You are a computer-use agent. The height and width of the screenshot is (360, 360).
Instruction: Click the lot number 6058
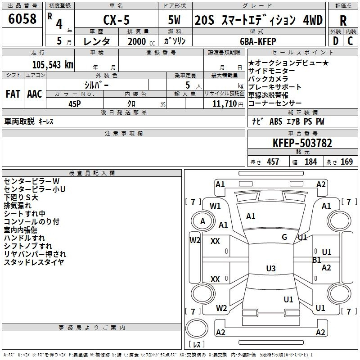pos(22,19)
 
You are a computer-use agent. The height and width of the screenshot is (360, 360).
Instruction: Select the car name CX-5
pos(117,20)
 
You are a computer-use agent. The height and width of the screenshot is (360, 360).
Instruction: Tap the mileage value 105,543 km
pos(53,64)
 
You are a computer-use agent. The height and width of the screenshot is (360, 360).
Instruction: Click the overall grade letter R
pos(343,20)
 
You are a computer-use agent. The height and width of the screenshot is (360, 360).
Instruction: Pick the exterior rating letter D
pos(336,41)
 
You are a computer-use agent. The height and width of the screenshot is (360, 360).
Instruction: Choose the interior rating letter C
pos(350,41)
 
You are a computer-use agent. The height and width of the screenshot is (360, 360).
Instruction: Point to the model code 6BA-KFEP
pos(258,41)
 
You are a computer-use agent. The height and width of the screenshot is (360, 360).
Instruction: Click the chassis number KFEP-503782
pos(302,143)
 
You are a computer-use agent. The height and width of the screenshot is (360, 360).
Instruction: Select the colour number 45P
pos(75,104)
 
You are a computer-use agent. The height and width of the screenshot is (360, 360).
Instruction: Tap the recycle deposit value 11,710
pos(225,103)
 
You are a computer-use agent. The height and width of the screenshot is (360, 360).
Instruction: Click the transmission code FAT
pos(13,94)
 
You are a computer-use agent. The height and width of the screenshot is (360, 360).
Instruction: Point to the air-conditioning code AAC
pos(35,94)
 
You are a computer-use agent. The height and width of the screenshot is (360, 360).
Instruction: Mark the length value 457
pos(273,162)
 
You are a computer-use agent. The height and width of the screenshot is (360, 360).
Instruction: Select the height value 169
pos(346,162)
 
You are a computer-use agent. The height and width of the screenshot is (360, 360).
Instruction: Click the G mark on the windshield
pos(284,237)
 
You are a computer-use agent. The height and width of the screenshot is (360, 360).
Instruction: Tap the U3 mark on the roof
pos(271,268)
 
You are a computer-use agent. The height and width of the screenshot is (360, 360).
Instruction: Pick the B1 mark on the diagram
pos(317,260)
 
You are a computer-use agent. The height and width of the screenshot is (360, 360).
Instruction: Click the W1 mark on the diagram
pos(215,206)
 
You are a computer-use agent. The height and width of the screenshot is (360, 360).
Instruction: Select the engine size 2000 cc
pos(141,41)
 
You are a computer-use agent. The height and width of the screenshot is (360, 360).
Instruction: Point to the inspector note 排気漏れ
pos(18,206)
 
